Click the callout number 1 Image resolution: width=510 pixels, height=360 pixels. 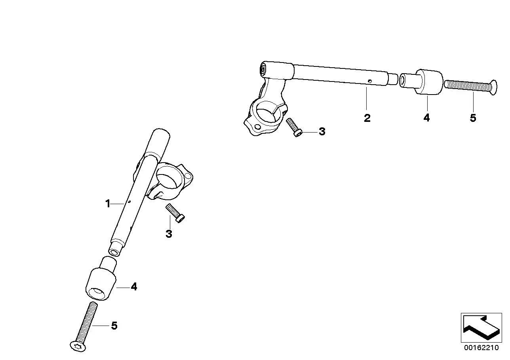[107, 204]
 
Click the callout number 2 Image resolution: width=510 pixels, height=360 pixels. [367, 118]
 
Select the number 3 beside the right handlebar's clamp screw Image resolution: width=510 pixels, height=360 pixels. [322, 132]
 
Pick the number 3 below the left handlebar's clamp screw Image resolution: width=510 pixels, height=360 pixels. [169, 234]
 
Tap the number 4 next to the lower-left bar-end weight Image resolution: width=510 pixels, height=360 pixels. [134, 287]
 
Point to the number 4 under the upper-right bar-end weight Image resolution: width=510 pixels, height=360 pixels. [426, 117]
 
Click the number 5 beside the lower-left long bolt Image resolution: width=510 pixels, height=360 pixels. [114, 326]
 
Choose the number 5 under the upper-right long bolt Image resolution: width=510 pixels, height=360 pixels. [473, 118]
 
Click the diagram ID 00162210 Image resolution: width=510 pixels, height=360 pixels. [482, 348]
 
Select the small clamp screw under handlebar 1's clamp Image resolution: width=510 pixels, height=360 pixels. [176, 213]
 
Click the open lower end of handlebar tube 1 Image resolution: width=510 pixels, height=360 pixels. [115, 252]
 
